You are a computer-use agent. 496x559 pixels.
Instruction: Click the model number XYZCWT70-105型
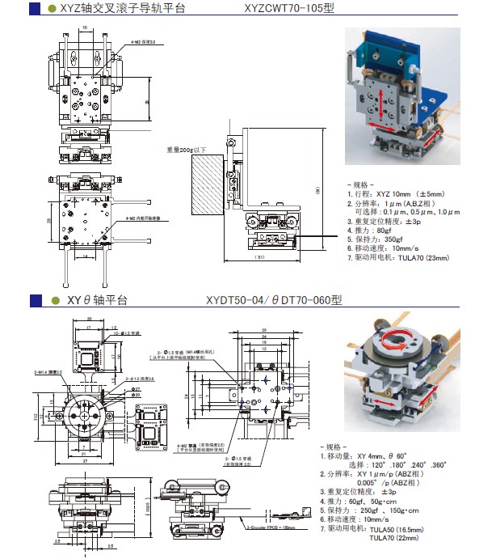(288, 9)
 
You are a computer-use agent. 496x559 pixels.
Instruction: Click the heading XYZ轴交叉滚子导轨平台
(121, 9)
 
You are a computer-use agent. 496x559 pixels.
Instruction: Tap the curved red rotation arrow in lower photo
(399, 343)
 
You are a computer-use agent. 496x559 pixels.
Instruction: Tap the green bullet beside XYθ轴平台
(52, 300)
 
